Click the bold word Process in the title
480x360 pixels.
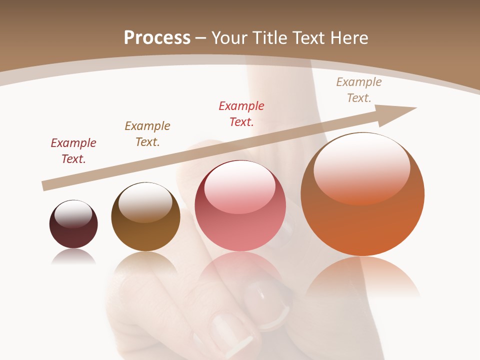coord(157,37)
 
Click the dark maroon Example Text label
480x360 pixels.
coord(73,151)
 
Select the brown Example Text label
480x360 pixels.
coord(147,134)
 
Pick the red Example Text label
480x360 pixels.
coord(241,114)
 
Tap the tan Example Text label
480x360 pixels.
coord(359,90)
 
